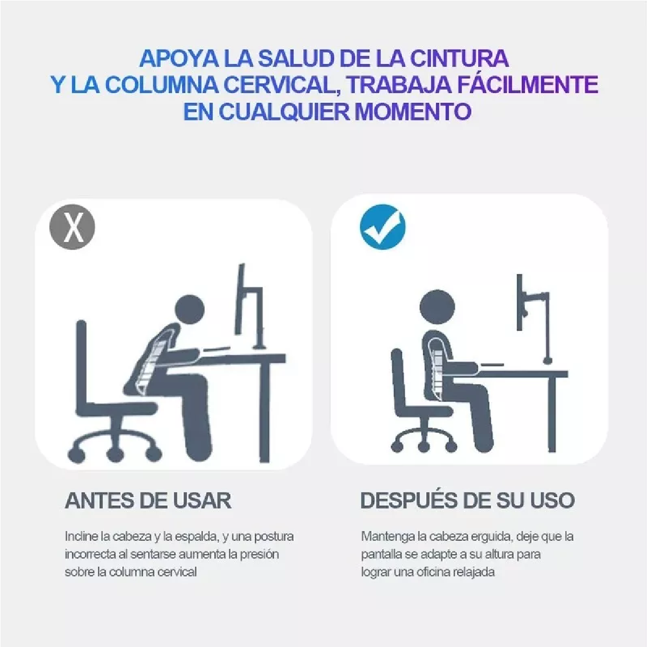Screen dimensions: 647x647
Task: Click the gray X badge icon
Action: click(x=72, y=227)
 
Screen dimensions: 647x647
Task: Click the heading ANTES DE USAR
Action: click(x=148, y=500)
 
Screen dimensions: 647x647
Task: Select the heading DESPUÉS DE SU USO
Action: click(x=467, y=500)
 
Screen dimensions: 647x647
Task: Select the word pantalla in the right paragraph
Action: click(x=380, y=554)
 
